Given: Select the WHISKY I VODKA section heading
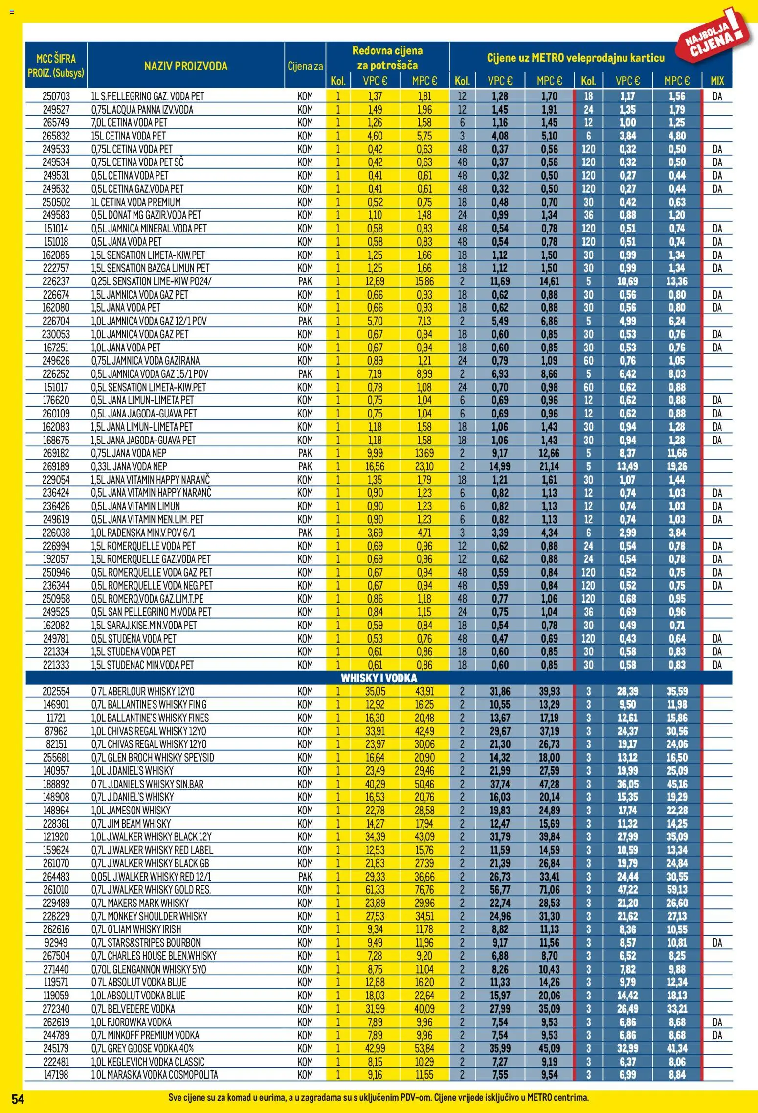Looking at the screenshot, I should (x=379, y=678).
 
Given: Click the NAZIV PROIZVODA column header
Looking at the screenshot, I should (x=186, y=66).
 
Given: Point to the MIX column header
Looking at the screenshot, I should (x=717, y=81).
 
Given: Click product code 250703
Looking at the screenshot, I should (x=56, y=96).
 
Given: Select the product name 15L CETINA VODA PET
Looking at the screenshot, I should (x=128, y=136).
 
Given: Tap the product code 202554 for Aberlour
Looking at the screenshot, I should (x=56, y=692).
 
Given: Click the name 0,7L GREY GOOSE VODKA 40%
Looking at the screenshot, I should (x=142, y=1048).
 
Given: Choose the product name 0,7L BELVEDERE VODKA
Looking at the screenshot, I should (x=133, y=1009).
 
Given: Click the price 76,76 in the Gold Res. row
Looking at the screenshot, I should (x=424, y=890).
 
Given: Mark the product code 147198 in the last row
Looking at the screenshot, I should (x=56, y=1075).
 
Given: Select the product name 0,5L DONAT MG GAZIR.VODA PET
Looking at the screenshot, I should (x=146, y=215).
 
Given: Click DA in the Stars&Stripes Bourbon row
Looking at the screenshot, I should (x=717, y=943).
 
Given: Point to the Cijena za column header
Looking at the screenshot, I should (x=305, y=66).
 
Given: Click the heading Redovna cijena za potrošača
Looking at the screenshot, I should (x=387, y=58).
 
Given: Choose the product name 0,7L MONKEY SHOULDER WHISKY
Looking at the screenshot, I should (x=149, y=916).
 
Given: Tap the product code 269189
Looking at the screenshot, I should (x=56, y=467).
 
